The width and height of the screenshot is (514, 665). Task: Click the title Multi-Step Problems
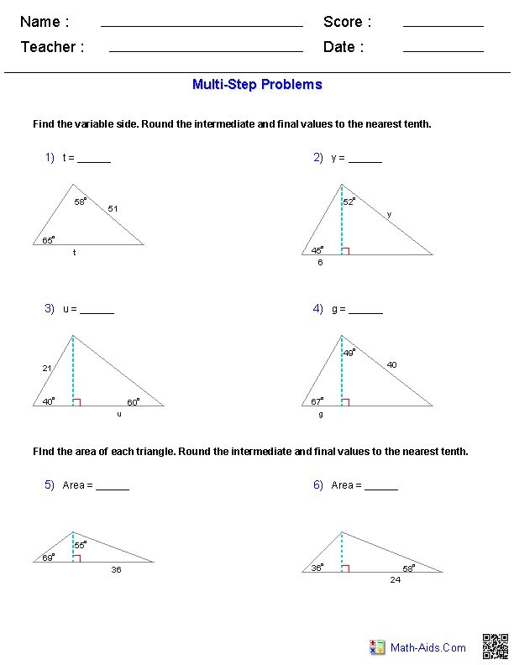257,84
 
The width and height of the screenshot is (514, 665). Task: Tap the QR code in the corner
495,647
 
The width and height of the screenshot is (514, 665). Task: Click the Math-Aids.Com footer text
427,647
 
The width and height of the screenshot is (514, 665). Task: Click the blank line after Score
443,25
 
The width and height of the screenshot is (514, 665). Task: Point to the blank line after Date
443,50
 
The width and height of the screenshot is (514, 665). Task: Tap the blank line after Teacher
206,50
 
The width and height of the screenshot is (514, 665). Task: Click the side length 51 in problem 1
113,208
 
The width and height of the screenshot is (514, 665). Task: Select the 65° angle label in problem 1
48,240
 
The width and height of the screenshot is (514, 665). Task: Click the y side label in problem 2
389,214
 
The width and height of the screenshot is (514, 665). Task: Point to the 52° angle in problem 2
349,202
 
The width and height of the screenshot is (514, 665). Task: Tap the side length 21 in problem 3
47,368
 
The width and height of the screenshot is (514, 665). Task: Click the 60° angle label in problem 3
133,402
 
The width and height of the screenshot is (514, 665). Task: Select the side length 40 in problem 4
391,364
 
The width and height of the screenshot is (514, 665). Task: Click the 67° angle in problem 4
317,402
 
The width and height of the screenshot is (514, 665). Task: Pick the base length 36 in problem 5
116,569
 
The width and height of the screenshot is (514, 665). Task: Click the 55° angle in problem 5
80,545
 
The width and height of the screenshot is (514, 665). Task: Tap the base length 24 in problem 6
395,579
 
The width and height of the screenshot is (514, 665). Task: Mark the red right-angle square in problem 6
345,568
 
